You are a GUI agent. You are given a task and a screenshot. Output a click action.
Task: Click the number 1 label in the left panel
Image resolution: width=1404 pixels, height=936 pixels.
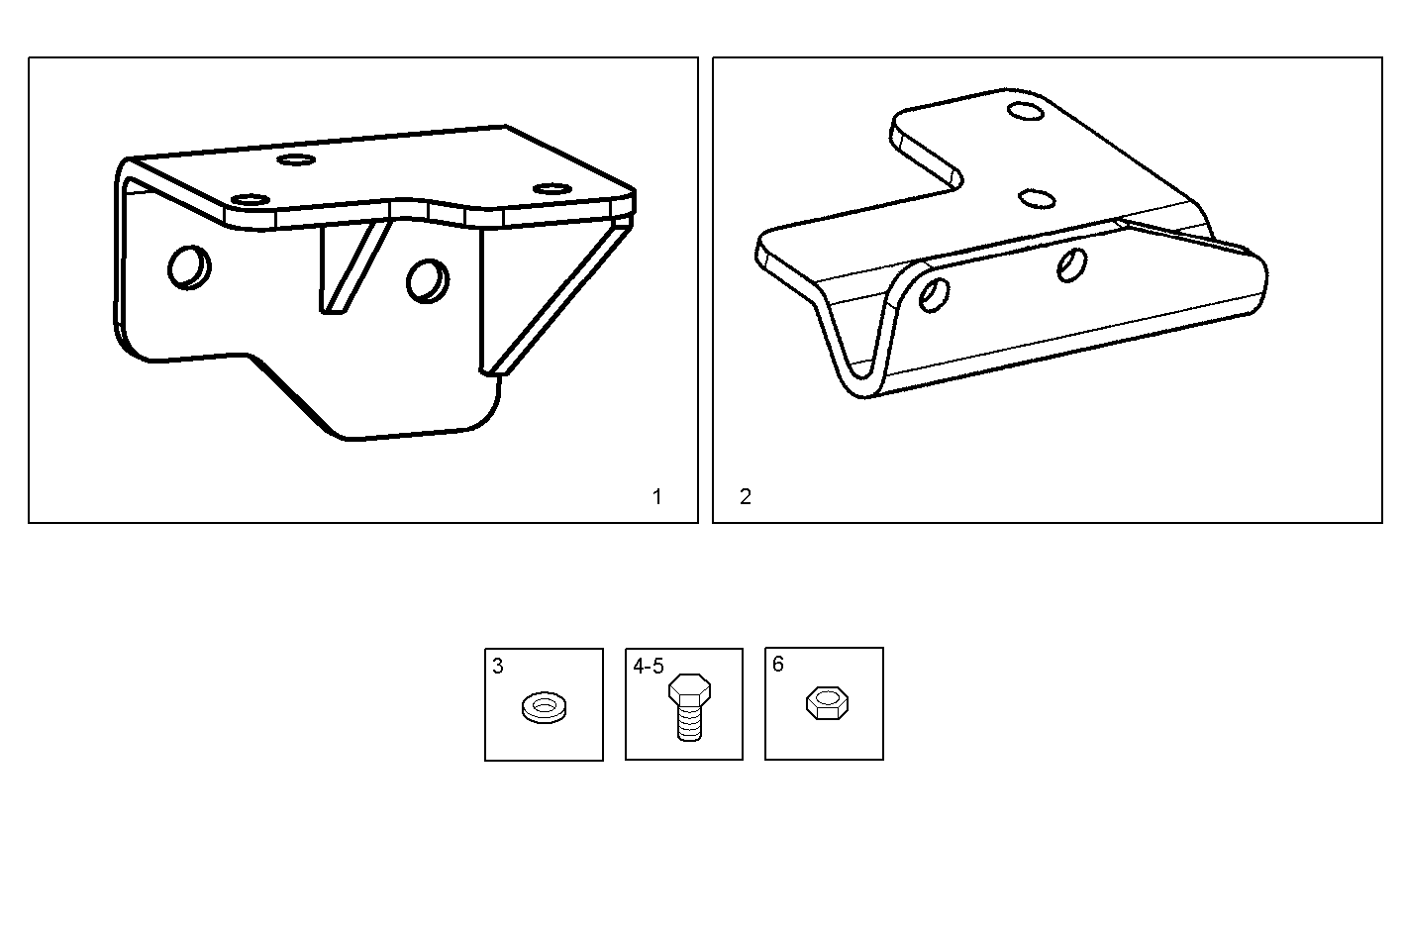point(656,497)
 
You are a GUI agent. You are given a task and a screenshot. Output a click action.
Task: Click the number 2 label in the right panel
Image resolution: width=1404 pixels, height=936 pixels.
point(746,497)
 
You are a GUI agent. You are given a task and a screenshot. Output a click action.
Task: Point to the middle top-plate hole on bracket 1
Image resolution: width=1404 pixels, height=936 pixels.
point(294,159)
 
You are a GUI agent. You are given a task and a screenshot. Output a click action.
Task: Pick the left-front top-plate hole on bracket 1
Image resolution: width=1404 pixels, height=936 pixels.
point(250,200)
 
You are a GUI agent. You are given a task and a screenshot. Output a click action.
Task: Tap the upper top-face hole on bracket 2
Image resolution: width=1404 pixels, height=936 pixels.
point(1026,109)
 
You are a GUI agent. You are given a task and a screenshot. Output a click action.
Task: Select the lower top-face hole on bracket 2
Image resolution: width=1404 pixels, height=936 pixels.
point(1037,199)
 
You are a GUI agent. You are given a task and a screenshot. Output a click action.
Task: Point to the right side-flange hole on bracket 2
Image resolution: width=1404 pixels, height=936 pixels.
point(1070,264)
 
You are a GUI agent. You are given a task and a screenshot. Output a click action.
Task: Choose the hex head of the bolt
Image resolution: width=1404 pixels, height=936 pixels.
point(689,688)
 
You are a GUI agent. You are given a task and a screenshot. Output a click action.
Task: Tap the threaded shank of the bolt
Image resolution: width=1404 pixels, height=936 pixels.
point(689,723)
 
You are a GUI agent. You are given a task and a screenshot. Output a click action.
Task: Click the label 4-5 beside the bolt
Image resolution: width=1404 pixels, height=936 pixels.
point(649,668)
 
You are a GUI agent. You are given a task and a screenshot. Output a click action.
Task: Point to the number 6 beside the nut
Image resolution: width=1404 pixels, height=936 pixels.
point(777,665)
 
